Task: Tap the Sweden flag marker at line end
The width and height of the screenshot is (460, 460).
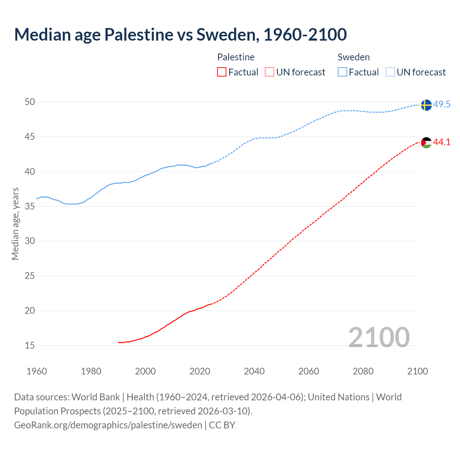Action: [426, 105]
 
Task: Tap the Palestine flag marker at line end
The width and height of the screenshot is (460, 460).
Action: [426, 142]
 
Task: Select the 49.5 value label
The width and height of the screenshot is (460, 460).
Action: [442, 105]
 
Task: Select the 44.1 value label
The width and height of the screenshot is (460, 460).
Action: [442, 142]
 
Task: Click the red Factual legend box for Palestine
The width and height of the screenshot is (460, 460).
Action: [222, 72]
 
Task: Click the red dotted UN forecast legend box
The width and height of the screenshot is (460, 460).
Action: [270, 72]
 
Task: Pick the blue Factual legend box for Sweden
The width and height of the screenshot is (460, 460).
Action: [342, 72]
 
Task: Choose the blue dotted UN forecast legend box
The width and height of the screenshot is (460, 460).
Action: [390, 72]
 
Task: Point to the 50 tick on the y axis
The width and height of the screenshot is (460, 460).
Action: [30, 102]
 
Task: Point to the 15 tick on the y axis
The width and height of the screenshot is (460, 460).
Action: [30, 346]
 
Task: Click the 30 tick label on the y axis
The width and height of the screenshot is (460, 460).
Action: [30, 241]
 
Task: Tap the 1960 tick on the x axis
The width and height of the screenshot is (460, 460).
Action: [37, 371]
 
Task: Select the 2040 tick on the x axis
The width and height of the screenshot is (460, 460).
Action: [254, 371]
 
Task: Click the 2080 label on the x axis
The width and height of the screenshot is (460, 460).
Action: [363, 371]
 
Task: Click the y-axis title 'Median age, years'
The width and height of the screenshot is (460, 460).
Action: [15, 224]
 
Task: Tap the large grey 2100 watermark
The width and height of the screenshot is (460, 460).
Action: [379, 337]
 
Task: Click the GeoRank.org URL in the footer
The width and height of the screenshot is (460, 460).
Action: [108, 425]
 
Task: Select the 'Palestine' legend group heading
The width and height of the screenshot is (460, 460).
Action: [236, 57]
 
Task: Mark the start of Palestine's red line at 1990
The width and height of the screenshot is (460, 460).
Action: [119, 342]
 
